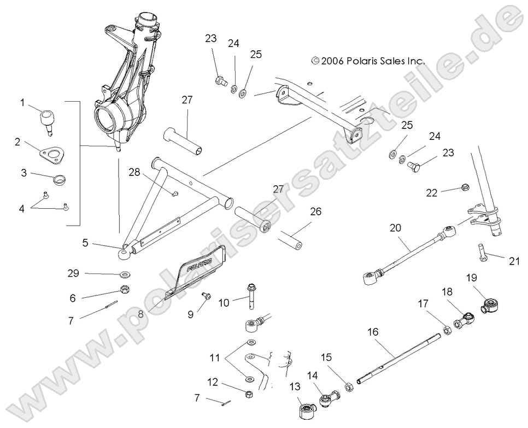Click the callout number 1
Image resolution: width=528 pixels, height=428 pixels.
(22, 102)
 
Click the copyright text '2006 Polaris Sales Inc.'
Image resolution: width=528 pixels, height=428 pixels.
(367, 62)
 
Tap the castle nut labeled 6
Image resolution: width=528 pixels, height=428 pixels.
(124, 290)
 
